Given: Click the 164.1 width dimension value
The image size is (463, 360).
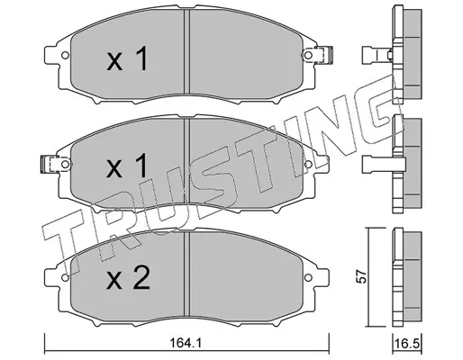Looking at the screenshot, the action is click(186, 343).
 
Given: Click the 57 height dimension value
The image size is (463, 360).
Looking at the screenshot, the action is click(361, 276).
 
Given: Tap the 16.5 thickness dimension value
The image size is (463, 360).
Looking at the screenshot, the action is click(407, 344).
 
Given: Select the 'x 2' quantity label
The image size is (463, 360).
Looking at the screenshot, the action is click(128, 278).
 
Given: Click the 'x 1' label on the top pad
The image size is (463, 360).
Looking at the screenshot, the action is click(127, 58).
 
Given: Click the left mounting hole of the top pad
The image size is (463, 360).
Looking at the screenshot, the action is click(65, 56).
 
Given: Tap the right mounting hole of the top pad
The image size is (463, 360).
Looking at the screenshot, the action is click(308, 55).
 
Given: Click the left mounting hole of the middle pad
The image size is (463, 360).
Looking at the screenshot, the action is click(65, 164).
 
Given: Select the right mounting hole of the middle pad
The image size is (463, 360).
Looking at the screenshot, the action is click(308, 164).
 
